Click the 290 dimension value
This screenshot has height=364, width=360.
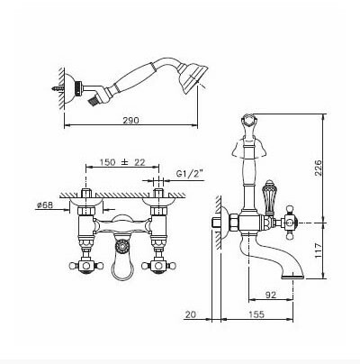point(131,120)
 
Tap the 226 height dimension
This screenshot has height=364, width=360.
point(318,168)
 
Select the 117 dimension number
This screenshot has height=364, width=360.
point(318,250)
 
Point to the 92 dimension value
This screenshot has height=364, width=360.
point(271,295)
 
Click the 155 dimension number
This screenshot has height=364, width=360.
point(256,314)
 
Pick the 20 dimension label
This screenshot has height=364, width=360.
point(191,314)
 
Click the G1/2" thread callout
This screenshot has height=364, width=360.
point(190,173)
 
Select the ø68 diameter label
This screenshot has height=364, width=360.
point(44,205)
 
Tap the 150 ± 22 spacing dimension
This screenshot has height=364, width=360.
point(122,162)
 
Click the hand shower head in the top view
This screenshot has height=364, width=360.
point(192,77)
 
